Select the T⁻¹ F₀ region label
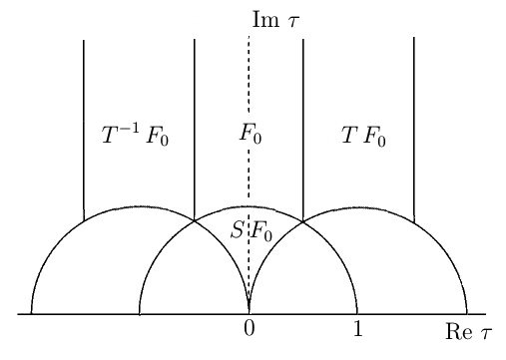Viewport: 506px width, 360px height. [135, 137]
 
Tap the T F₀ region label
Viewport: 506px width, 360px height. [362, 137]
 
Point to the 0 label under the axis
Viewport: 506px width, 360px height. [249, 330]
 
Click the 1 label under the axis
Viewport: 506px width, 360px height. [357, 330]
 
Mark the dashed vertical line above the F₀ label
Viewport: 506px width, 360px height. [249, 75]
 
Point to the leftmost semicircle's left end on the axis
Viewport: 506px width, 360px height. [31, 314]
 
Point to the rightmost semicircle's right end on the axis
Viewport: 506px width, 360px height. [466, 314]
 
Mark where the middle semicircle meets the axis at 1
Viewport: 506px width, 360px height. [357, 314]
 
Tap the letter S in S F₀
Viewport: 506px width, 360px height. [237, 231]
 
